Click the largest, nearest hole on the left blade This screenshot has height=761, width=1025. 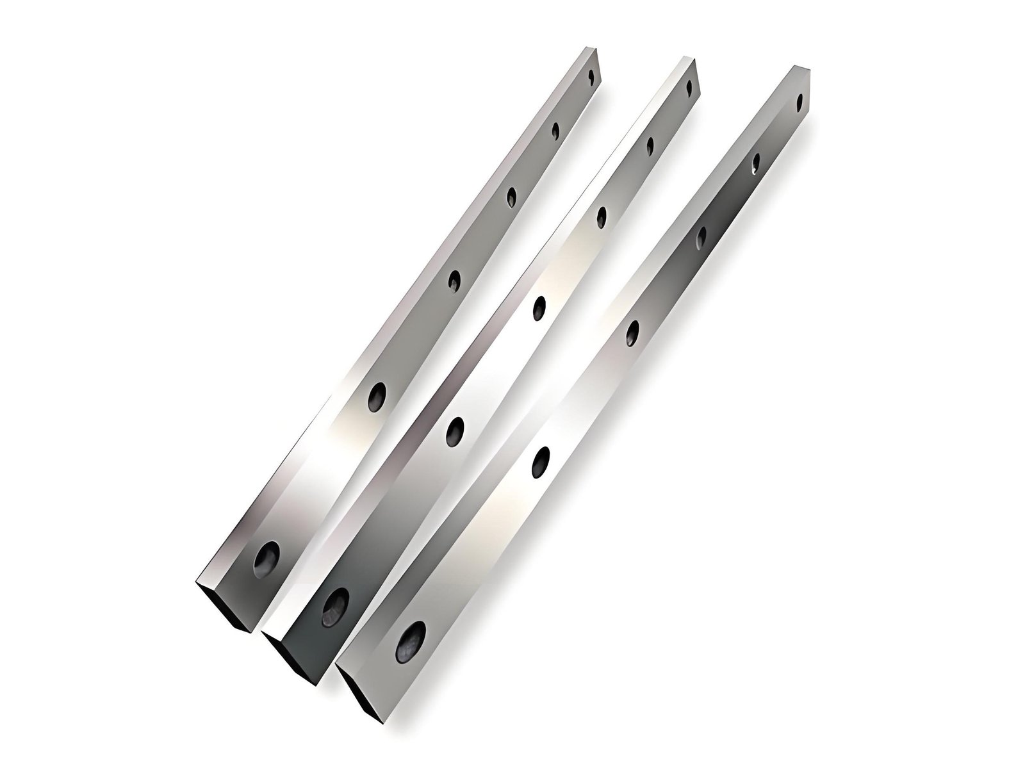[266, 559]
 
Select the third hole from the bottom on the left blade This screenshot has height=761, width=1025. [454, 280]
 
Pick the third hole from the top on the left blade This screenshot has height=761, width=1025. [512, 197]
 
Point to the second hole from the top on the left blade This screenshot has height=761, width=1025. [555, 131]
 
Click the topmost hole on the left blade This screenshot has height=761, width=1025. [593, 76]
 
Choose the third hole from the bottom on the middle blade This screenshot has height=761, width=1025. [539, 307]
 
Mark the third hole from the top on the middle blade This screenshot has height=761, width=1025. [602, 217]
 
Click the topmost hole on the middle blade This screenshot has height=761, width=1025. [689, 88]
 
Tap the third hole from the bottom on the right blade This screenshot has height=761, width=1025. [633, 332]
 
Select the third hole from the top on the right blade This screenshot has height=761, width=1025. [702, 236]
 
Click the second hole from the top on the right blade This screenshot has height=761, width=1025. [757, 163]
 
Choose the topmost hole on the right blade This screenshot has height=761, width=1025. [799, 101]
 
